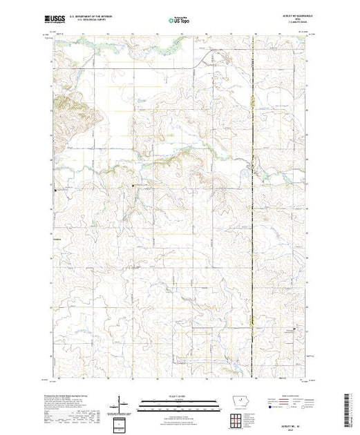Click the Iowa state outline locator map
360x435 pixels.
click(x=236, y=403)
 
